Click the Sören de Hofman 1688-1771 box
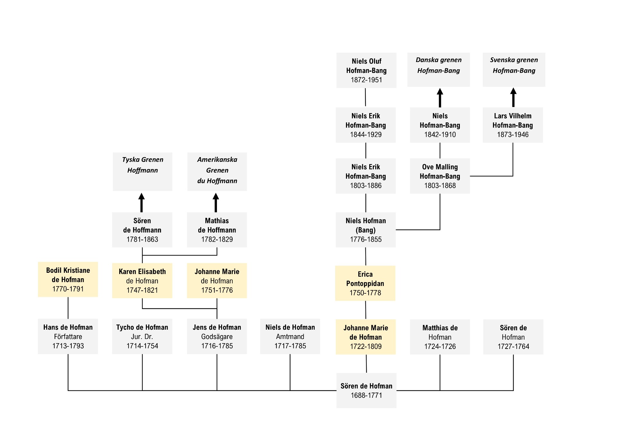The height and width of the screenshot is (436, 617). coord(366,390)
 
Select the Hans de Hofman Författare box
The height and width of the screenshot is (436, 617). coord(68,336)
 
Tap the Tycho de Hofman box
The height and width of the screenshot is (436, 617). coord(142,336)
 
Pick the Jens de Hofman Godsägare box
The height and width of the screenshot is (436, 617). coord(217,336)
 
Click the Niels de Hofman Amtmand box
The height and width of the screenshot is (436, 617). coord(290,336)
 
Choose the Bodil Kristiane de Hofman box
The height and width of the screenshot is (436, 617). coord(68,280)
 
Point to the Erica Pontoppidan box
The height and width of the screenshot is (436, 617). coord(365,283)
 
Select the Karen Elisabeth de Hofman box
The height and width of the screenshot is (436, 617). coord(142,281)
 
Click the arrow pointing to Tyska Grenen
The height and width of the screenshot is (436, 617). coord(141,203)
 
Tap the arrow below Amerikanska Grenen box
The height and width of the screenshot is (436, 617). coord(216,203)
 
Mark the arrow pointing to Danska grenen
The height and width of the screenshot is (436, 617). coord(440,98)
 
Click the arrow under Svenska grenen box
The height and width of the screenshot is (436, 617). coord(514,97)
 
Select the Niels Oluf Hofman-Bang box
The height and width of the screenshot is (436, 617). coord(366,70)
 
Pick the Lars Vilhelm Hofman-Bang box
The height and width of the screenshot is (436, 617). coord(513,125)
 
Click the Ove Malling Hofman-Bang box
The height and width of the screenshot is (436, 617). coord(440,176)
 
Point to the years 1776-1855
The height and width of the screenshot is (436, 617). coord(366,239)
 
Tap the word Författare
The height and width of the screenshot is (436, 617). coord(68,337)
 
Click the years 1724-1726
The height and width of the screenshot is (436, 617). coord(440,346)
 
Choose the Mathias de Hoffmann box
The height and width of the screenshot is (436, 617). coord(217,230)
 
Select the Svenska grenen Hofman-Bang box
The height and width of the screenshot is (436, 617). coord(514,70)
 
